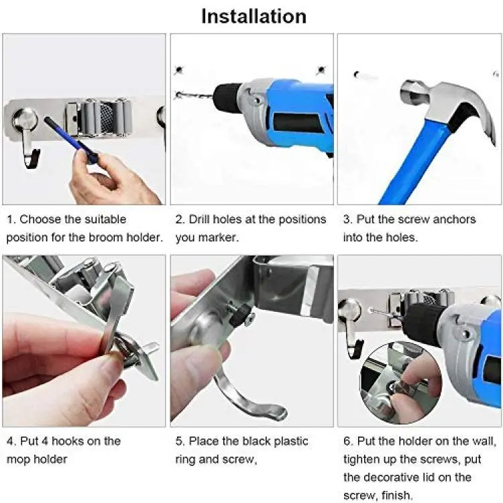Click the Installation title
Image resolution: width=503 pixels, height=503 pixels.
(x=254, y=16)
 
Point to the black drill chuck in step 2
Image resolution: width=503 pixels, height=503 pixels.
(x=227, y=94)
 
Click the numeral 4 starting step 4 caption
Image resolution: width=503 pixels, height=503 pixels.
(x=11, y=441)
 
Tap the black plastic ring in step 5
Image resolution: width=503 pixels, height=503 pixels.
(x=242, y=313)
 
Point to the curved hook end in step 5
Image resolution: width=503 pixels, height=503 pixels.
(x=276, y=413)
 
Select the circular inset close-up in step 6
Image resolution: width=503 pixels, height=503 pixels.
(x=401, y=383)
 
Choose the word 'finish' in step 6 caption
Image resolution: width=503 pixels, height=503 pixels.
(x=396, y=495)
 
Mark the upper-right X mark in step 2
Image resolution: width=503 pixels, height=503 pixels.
(x=321, y=70)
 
